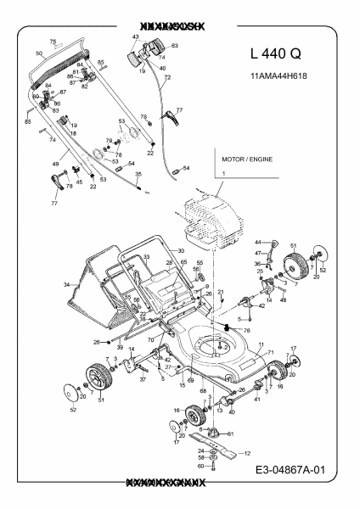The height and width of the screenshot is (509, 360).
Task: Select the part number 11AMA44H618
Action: coord(280,76)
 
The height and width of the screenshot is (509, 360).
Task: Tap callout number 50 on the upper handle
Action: coord(38,53)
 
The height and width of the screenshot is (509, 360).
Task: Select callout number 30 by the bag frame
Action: coord(180,250)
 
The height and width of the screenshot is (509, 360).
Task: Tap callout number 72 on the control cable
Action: coord(167,77)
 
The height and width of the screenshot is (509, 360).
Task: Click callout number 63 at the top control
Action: coord(174,46)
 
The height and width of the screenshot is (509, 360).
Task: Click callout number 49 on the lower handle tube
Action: coord(55,163)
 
